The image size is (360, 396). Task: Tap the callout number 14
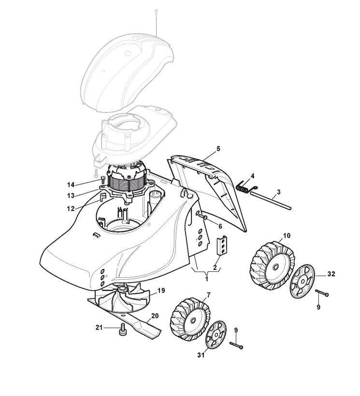click(71, 185)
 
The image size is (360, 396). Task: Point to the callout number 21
click(100, 328)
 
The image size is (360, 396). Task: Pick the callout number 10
click(287, 236)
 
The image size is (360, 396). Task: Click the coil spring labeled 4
click(246, 184)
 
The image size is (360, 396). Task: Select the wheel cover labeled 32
click(302, 281)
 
